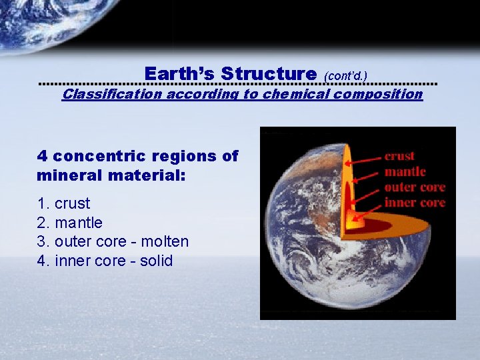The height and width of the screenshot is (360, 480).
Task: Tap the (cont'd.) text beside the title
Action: pos(345,76)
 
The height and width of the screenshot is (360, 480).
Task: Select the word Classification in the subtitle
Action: pos(111,94)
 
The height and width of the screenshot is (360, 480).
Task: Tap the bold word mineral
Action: pos(73,177)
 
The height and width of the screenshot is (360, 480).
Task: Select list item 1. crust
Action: pos(63,203)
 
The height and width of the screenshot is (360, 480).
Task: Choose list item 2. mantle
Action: pos(70,223)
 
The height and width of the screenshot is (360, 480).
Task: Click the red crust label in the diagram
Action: pos(399,156)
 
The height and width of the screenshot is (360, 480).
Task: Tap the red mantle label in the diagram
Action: pos(405,171)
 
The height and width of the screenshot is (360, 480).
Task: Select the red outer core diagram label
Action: pos(414,187)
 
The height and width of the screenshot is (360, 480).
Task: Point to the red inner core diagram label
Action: pos(414,203)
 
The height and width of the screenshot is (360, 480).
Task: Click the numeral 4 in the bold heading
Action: pos(42,156)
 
